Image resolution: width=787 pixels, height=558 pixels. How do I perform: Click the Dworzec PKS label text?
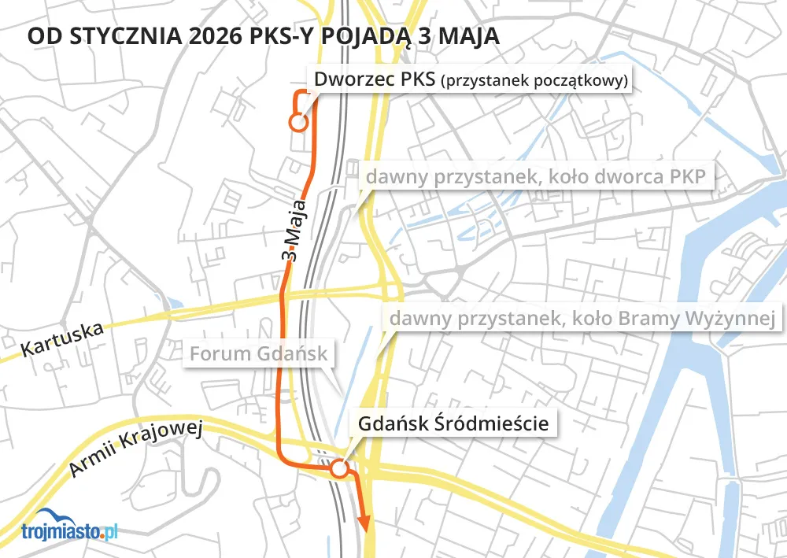click(x=374, y=80)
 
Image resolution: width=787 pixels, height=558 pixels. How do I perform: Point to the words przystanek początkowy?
click(x=535, y=81)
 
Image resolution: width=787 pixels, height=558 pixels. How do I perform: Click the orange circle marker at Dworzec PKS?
click(x=297, y=123)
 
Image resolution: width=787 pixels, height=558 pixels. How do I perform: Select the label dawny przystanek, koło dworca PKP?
click(x=534, y=176)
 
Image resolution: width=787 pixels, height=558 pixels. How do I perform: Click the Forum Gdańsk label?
click(x=258, y=353)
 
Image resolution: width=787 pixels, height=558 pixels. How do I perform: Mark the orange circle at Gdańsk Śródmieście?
click(x=338, y=469)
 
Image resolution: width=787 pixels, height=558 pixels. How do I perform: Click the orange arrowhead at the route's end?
click(x=364, y=523)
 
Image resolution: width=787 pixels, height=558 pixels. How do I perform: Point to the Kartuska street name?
click(x=62, y=337)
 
